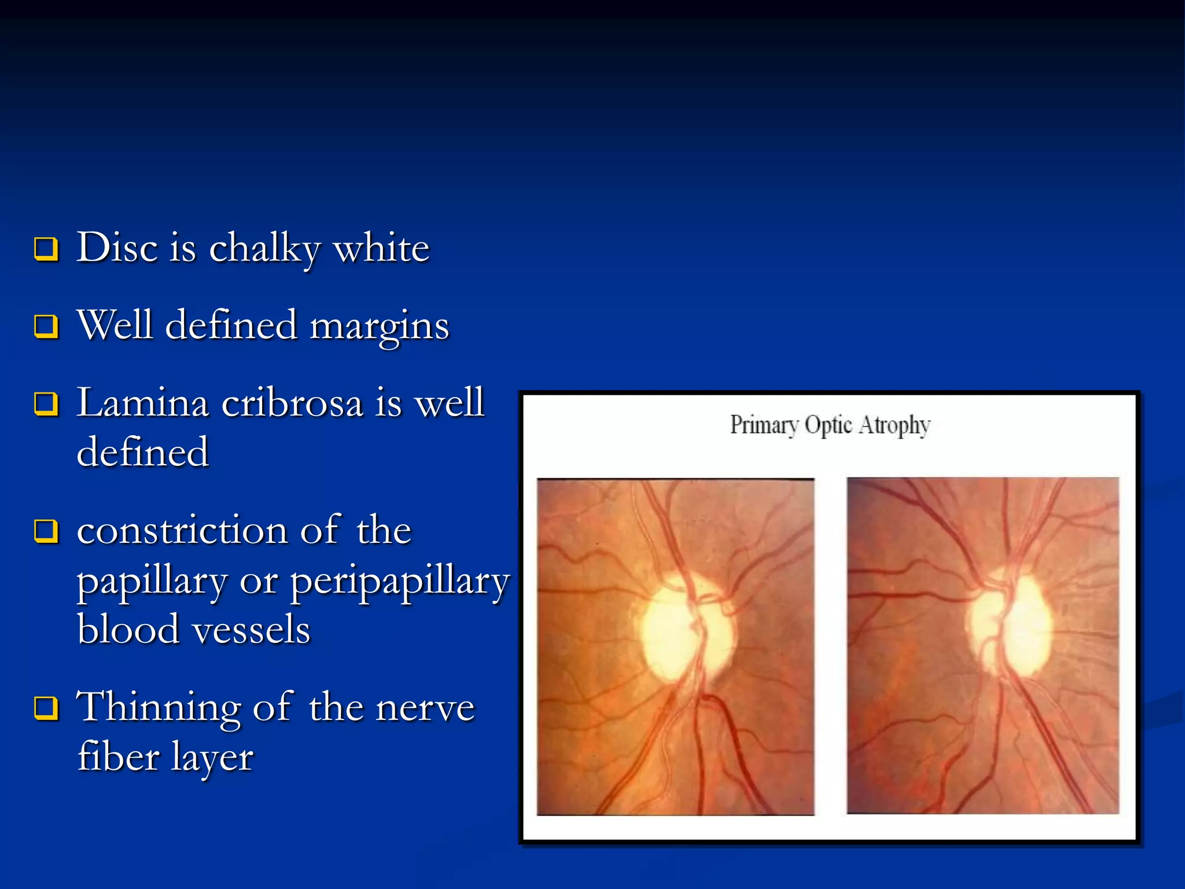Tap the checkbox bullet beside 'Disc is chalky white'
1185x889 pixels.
46,249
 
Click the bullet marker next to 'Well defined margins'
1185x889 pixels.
46,326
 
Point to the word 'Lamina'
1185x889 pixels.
142,403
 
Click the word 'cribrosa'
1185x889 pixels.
292,403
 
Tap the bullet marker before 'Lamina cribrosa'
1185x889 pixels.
46,404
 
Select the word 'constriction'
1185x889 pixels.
182,530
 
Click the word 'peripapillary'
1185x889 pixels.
400,581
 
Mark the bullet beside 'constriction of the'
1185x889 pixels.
46,531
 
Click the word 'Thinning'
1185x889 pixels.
159,707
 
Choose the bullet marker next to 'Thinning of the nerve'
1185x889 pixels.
46,707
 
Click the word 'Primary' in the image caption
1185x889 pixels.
764,425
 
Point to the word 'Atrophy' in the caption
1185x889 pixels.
895,425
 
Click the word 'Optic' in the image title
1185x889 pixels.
829,425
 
